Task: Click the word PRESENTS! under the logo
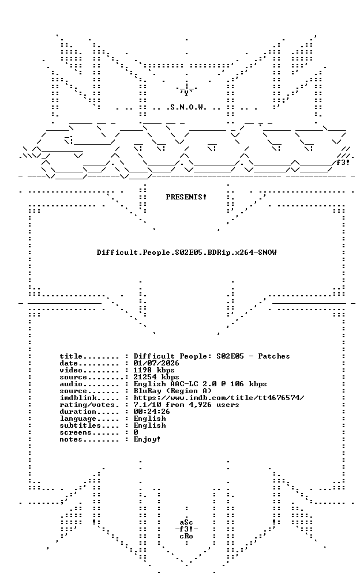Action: (186, 197)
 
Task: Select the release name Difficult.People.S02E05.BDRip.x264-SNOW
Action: (186, 252)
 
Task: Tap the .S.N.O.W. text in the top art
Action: (186, 107)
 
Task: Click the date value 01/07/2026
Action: (156, 363)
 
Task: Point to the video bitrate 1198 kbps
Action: (154, 370)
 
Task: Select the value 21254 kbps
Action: (156, 377)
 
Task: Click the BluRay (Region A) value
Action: (172, 391)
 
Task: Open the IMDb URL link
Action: (219, 398)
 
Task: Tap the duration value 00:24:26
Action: (152, 412)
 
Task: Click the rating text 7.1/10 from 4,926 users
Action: (186, 405)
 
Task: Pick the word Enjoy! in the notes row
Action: (147, 439)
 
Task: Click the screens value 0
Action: (136, 432)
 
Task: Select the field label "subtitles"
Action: (80, 425)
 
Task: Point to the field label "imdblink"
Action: (78, 398)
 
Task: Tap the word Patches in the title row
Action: (273, 356)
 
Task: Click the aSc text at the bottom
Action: (186, 522)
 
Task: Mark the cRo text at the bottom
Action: (186, 536)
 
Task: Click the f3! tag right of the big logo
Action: (343, 163)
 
